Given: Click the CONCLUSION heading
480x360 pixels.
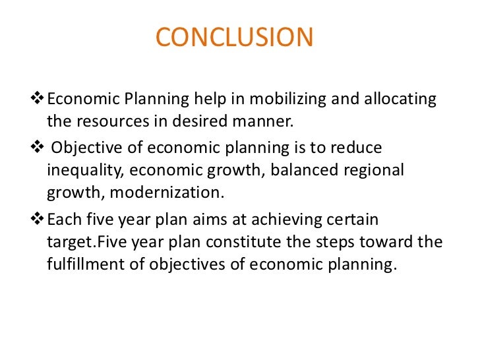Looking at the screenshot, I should [235, 38].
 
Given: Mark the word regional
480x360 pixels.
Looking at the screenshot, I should [373, 169].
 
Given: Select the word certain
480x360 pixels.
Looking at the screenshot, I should [353, 219].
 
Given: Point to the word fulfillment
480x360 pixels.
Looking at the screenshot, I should [87, 264].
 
